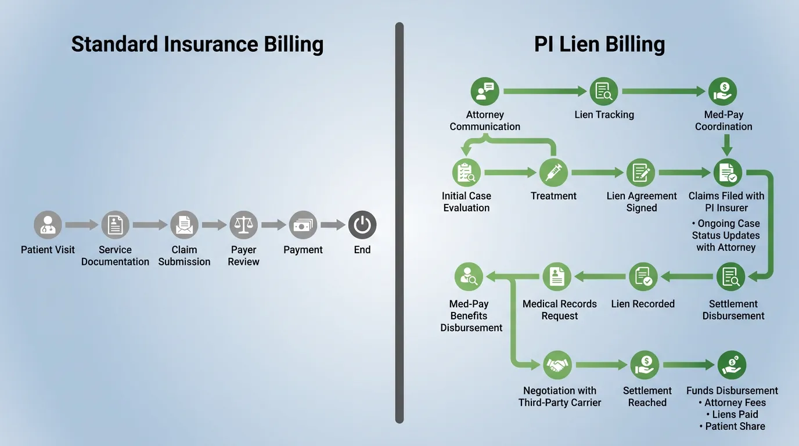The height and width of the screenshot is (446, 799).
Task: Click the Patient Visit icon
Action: [x=48, y=225]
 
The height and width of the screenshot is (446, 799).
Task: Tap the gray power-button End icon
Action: [x=362, y=225]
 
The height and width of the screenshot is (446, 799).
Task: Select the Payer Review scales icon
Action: [x=243, y=225]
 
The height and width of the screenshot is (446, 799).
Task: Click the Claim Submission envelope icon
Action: [x=184, y=225]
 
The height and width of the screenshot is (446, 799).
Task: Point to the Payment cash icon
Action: [x=303, y=225]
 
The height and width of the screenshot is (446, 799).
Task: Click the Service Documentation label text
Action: [x=115, y=256]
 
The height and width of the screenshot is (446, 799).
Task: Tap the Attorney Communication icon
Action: [x=484, y=91]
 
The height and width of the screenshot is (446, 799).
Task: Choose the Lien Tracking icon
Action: [x=604, y=91]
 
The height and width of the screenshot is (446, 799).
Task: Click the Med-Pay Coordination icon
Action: [x=723, y=91]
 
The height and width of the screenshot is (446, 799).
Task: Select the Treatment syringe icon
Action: [x=553, y=172]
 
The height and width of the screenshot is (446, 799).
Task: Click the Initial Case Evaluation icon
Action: [x=466, y=172]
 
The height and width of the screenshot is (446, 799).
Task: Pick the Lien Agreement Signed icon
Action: [x=641, y=172]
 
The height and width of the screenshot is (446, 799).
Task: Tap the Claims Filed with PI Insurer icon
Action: [x=728, y=172]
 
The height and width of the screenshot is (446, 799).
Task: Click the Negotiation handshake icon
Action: [x=557, y=365]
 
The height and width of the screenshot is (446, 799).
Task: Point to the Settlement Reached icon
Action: [x=645, y=365]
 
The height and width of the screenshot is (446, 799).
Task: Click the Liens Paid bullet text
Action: [x=735, y=414]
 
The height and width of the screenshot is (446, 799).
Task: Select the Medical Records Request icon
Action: [x=557, y=277]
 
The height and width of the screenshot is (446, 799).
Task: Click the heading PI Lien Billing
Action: [x=599, y=45]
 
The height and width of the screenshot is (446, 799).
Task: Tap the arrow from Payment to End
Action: [x=333, y=225]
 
